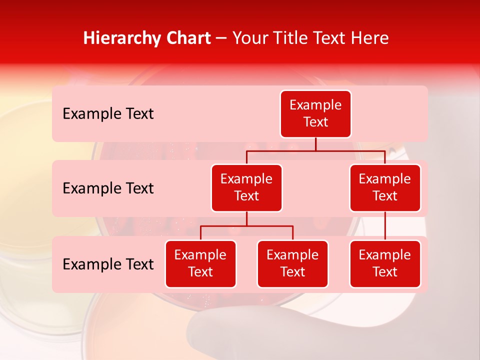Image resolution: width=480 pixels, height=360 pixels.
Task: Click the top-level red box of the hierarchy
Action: pos(315,114)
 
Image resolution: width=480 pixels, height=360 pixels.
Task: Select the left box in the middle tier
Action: pos(246,188)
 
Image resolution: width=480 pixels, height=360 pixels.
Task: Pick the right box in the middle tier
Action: pos(385,188)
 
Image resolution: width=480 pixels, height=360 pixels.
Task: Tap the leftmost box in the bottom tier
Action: pos(200,264)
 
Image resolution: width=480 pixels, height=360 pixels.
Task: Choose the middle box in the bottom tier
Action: pos(292,264)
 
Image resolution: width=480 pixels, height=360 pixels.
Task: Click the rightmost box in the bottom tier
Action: pos(385,264)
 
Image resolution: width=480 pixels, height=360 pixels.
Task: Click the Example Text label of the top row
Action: pos(108,114)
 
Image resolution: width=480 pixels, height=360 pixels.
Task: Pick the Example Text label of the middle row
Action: pos(108,188)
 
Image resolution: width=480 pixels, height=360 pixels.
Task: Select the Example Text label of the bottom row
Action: pos(108,264)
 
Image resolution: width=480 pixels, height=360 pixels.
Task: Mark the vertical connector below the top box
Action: pos(315,144)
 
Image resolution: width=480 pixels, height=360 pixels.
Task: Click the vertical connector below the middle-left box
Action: pos(246,219)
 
